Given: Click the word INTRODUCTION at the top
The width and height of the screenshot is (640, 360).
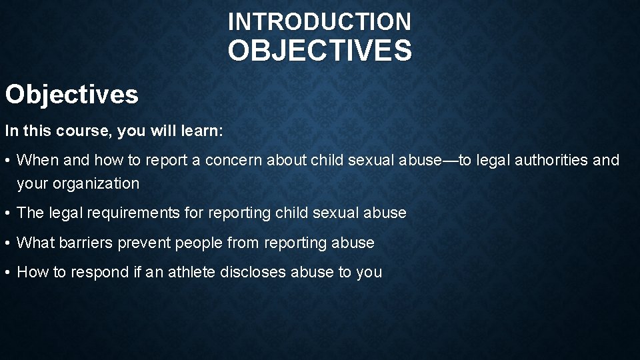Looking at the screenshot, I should (319, 22).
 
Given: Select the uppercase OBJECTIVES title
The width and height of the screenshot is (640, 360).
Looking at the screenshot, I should (319, 51).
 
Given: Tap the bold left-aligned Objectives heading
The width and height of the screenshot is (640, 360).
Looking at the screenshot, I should (72, 95).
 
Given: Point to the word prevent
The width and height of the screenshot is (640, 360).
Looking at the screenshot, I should (145, 243).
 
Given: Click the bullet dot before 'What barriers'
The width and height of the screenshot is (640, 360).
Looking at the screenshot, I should (9, 243).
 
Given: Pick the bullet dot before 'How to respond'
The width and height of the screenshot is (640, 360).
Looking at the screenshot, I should (9, 273).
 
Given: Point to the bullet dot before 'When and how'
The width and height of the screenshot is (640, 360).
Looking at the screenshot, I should (9, 161).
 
